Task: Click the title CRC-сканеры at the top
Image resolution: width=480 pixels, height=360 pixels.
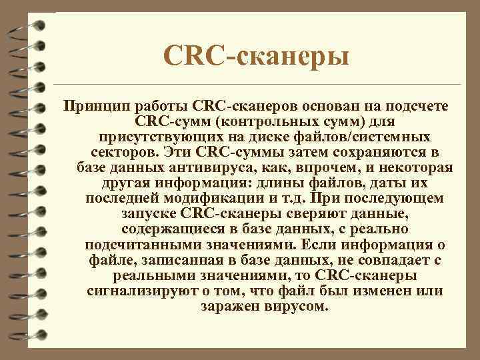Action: click(x=256, y=55)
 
